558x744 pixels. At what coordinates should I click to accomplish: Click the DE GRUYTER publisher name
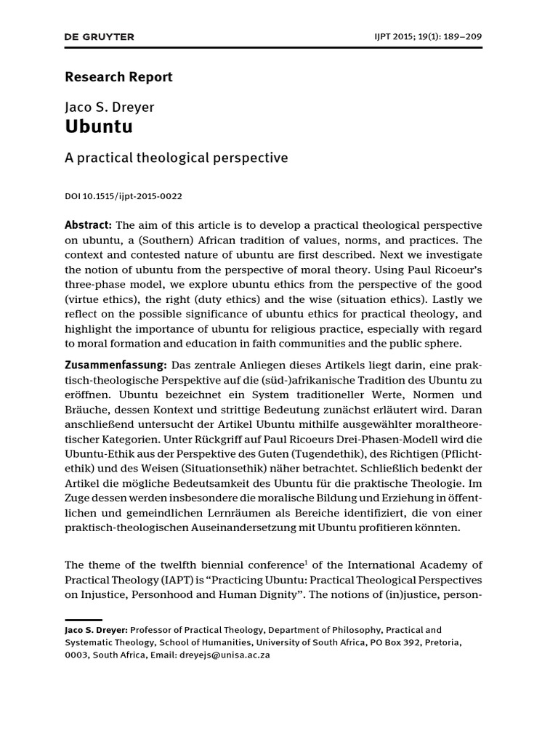tap(100, 37)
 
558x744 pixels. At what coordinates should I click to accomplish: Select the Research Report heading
tap(119, 76)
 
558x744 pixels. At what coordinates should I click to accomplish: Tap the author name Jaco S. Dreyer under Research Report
tap(110, 108)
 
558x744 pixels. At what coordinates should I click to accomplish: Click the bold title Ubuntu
tap(99, 127)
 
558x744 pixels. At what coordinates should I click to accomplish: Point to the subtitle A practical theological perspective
tap(177, 158)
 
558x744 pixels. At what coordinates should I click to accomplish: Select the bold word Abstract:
tap(89, 225)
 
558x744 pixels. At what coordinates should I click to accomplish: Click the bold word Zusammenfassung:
tap(116, 363)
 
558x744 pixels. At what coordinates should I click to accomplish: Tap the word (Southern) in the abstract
tap(159, 240)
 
